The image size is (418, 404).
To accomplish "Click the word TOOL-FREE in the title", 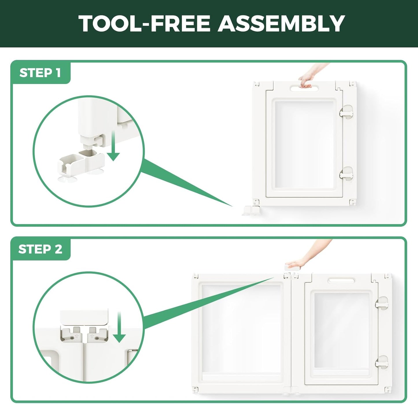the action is (x=144, y=23).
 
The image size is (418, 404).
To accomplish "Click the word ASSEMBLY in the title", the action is (x=281, y=23).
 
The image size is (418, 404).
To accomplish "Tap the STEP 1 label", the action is (x=40, y=73).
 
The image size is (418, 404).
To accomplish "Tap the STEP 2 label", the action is (x=40, y=249).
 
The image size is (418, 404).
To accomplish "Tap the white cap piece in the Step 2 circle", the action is (x=84, y=317).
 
